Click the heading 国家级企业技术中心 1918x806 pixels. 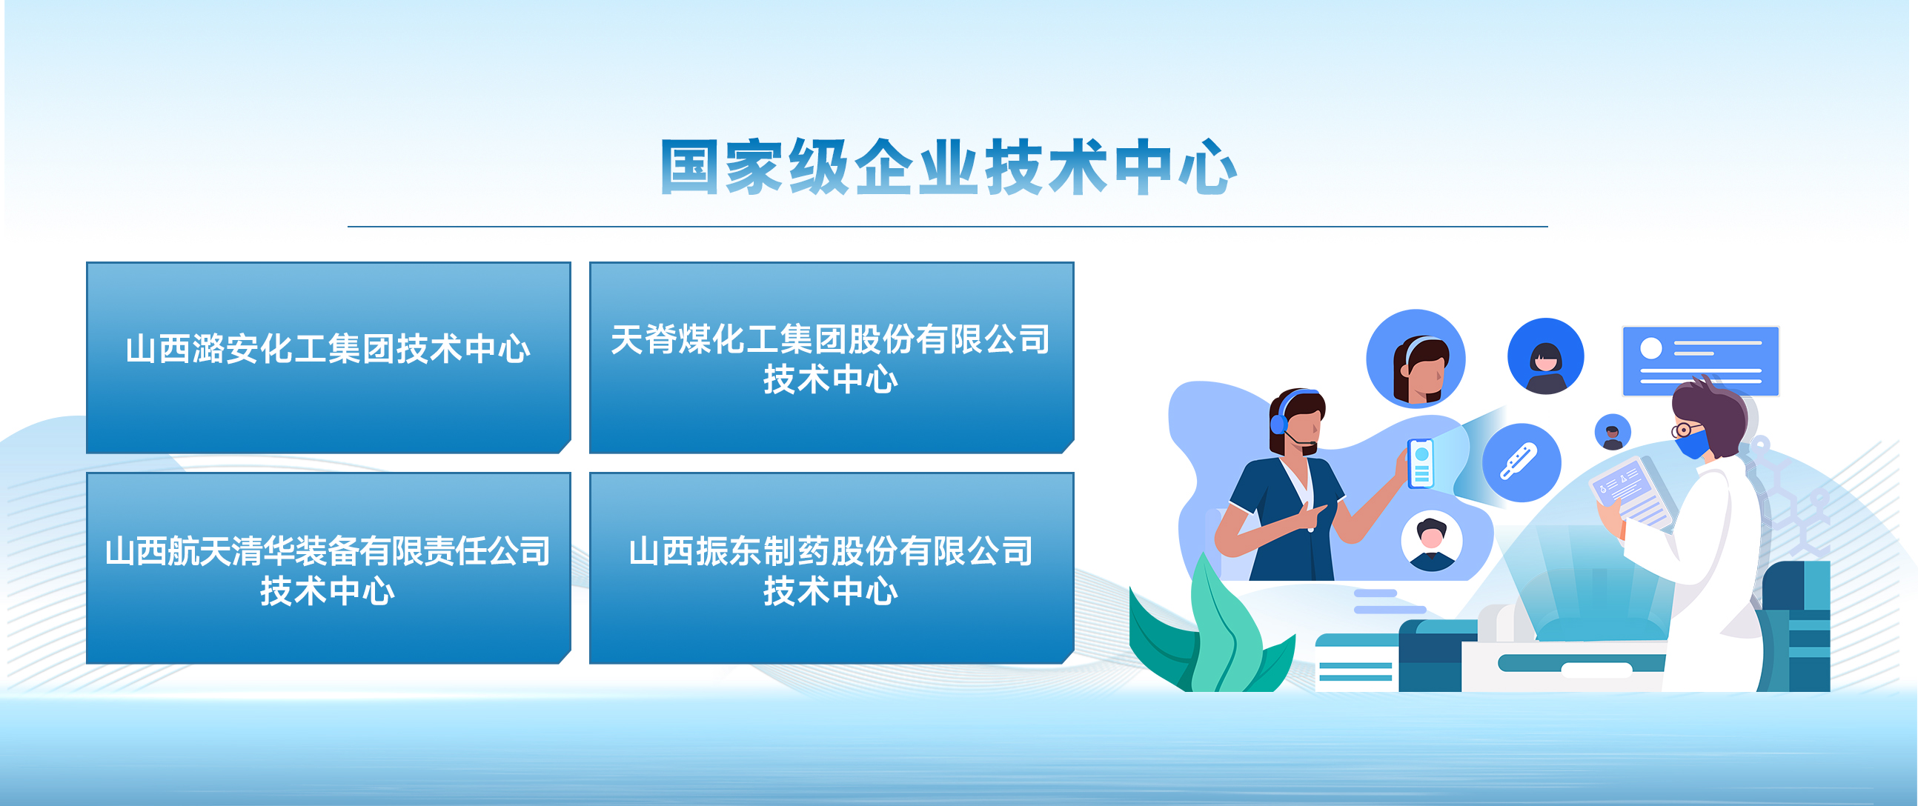(949, 167)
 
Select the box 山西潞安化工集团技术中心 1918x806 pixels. (328, 357)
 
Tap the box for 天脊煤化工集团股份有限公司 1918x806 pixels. (831, 357)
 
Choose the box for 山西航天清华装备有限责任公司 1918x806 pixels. (328, 568)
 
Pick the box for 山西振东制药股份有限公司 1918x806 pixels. (831, 568)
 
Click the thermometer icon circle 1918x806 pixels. (1522, 462)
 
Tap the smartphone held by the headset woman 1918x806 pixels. (1421, 464)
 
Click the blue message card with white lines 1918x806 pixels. (1701, 361)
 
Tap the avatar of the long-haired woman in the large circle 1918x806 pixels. (1416, 359)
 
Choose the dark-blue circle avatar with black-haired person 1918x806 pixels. (1546, 356)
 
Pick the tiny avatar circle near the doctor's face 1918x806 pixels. (1613, 432)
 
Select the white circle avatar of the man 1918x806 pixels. (1431, 541)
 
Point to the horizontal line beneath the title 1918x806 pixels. (947, 226)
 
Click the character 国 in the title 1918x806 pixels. (689, 167)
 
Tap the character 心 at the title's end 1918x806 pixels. (1208, 167)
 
